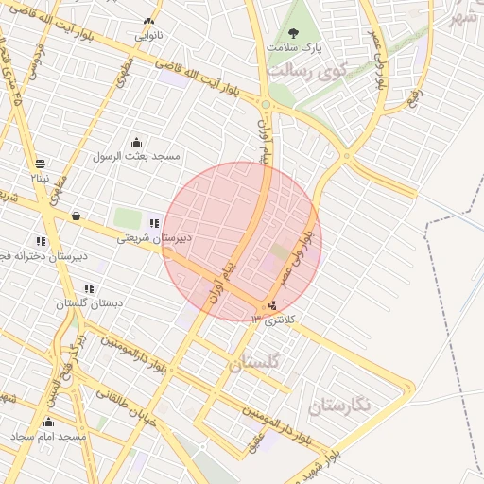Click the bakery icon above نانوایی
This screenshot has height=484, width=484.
148,21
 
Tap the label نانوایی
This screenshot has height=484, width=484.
148,36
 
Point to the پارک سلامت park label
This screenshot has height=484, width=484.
294,46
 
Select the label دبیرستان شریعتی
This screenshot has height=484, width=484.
154,238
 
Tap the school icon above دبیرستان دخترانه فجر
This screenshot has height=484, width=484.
41,241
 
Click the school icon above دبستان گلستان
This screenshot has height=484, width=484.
89,288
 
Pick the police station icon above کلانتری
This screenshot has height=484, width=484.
273,305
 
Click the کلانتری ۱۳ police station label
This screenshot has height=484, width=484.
274,320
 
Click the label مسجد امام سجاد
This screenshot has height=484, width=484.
49,438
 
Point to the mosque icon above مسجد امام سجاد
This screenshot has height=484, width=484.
49,423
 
